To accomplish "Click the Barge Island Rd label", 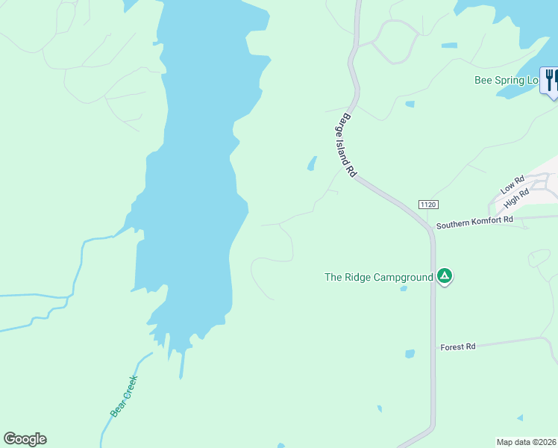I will coord(345,145).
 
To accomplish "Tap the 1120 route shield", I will coord(427,205).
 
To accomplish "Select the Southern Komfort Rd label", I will coord(475,222).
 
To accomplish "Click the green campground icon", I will coord(445,277).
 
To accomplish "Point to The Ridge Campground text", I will coord(378,277).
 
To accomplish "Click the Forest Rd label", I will coord(458,347).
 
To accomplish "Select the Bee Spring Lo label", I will coord(506,81).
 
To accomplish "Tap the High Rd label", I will coord(515,198).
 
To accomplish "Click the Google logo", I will coord(25,439).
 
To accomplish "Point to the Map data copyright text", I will coord(527,441).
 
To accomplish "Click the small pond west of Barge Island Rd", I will coord(312,163).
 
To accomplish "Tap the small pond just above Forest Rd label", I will coord(410,354).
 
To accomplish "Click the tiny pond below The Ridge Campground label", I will coord(404,288).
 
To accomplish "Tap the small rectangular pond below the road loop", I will coord(410,104).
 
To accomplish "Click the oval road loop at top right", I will coord(395,41).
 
